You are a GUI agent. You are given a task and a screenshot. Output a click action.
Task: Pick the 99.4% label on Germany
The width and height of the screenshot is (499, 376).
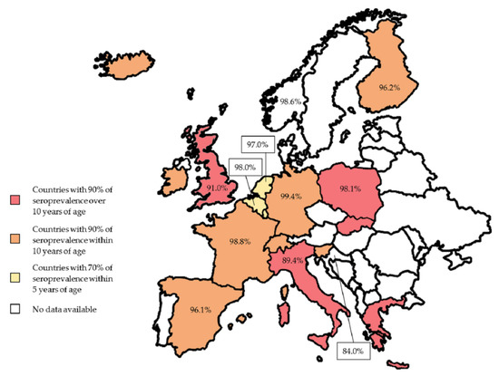(x=292, y=196)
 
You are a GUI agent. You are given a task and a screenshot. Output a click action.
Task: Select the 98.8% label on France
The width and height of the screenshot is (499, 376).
(x=240, y=242)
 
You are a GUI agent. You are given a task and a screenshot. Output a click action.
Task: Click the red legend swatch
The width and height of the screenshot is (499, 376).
(x=15, y=199)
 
